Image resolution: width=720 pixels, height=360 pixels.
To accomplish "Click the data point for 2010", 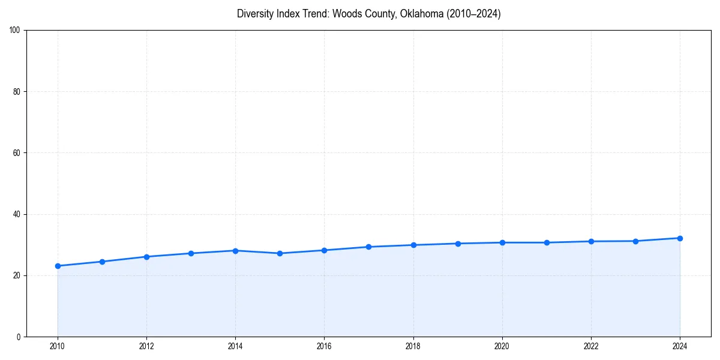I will point(58,266).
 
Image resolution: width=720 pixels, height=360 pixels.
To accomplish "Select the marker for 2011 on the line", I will point(102,262).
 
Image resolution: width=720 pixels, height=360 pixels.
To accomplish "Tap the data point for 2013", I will point(191,253).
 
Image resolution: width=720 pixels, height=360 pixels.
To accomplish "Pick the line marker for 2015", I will point(280,253).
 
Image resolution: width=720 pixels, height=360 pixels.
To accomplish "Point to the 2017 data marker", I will point(368,247).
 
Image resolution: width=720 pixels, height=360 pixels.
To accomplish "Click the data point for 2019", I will point(458,244).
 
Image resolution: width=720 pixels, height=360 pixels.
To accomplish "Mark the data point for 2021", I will point(547,242).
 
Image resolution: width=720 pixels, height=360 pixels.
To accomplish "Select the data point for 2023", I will point(635,241).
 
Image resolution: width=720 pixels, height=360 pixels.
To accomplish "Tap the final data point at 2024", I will point(680,238).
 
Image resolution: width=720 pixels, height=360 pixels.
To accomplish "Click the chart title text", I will point(368,14).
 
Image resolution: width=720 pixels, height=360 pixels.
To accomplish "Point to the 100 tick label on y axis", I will point(15,30).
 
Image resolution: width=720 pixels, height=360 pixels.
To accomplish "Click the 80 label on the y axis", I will point(17,92).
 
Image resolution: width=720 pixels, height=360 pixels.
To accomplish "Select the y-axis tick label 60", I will point(17,153).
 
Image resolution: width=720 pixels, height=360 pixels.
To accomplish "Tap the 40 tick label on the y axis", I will point(17,214).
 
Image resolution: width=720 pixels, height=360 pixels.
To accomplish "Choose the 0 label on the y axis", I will point(19,337).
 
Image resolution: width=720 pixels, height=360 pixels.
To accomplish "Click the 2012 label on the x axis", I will point(146,346).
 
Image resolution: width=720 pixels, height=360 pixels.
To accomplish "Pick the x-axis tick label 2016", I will point(324,346).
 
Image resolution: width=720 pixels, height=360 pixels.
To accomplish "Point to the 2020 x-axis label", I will point(502,346).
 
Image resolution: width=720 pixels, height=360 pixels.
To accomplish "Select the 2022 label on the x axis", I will point(591,346).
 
